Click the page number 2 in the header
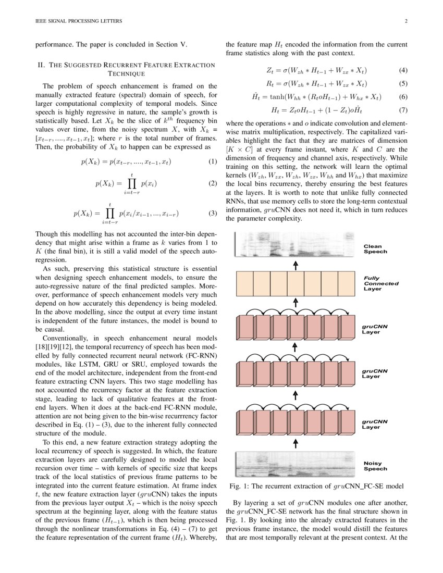click(405, 21)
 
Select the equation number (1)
click(212, 161)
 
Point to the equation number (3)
click(212, 213)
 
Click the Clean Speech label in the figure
click(375, 248)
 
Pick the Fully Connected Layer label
click(381, 284)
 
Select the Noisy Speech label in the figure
click(375, 465)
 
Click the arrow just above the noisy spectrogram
click(296, 443)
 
